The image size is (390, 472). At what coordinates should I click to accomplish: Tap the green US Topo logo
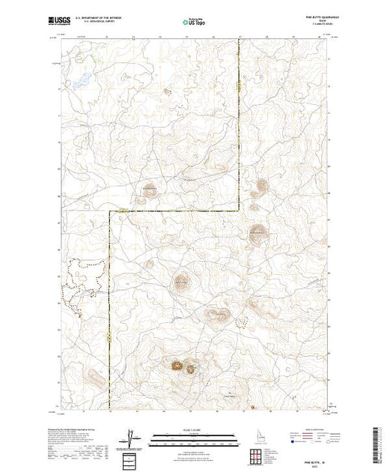[x=195, y=23]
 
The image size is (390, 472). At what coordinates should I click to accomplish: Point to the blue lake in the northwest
[x=83, y=78]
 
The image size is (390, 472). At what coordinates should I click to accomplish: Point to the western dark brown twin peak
[x=177, y=365]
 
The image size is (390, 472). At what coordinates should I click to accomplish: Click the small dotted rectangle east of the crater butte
[x=242, y=321]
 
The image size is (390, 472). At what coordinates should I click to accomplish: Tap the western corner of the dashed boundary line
[x=111, y=212]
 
